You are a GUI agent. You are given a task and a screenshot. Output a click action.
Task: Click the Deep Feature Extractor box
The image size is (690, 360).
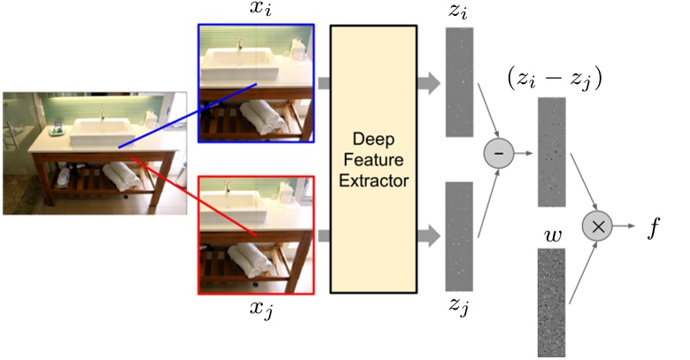[x=372, y=158]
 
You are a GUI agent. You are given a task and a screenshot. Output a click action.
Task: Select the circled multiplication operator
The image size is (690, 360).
[x=598, y=226]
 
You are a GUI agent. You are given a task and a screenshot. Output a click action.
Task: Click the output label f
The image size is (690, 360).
[x=654, y=227]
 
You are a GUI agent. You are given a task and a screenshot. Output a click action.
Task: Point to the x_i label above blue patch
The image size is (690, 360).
[x=257, y=11]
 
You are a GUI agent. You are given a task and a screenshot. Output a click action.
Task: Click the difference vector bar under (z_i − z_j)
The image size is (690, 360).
[x=550, y=150]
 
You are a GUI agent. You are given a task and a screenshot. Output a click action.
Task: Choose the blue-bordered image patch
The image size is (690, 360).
[x=256, y=84]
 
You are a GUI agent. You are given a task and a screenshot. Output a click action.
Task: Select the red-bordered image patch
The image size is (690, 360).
[x=256, y=234]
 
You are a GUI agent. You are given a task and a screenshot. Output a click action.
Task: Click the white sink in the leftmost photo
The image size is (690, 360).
[x=103, y=134]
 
